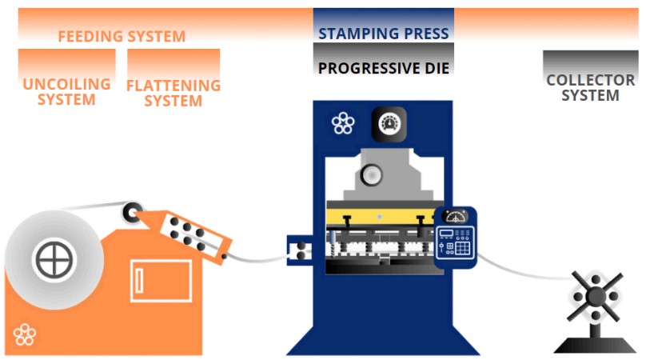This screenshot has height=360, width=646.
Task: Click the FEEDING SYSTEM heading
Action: point(122,36)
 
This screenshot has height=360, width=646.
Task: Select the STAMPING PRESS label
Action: point(384,34)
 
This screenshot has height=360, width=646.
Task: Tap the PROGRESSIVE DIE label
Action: point(384,68)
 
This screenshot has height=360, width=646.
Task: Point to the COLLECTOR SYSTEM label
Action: point(590,87)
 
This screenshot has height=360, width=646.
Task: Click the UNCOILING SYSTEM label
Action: point(66,91)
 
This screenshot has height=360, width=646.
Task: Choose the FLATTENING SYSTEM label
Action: point(173,93)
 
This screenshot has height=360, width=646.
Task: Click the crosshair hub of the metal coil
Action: point(54,260)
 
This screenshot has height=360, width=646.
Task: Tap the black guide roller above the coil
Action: point(132,213)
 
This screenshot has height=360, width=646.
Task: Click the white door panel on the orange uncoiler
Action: point(161,281)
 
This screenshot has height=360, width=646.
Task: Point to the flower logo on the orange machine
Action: point(25,334)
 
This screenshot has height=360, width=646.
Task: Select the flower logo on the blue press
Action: point(343,123)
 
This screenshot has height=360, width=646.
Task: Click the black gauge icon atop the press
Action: point(389,124)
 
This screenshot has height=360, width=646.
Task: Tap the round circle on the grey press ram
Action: point(371,175)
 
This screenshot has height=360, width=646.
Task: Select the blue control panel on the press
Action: point(455,238)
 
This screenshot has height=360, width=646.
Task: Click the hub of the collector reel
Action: point(596,296)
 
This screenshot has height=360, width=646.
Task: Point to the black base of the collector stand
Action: point(595,345)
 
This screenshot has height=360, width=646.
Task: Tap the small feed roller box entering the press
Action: point(300,250)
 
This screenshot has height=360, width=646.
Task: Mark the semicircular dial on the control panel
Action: point(455,217)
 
